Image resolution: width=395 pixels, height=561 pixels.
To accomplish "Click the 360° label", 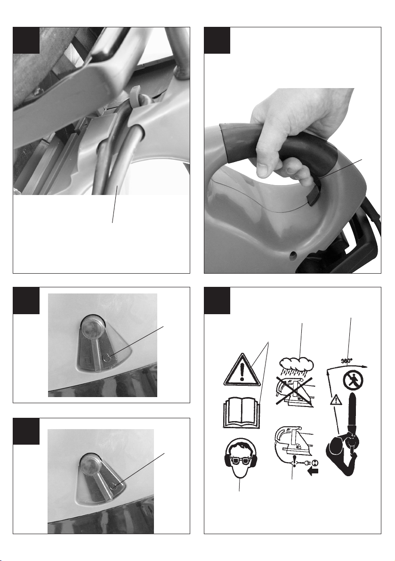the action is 347,361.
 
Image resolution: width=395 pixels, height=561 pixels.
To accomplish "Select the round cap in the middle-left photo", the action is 92,325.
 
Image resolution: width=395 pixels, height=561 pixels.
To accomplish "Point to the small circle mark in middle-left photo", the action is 107,357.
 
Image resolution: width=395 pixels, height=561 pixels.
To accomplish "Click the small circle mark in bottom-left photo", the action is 113,486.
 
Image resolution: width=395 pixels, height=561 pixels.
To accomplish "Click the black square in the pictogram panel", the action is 217,301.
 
